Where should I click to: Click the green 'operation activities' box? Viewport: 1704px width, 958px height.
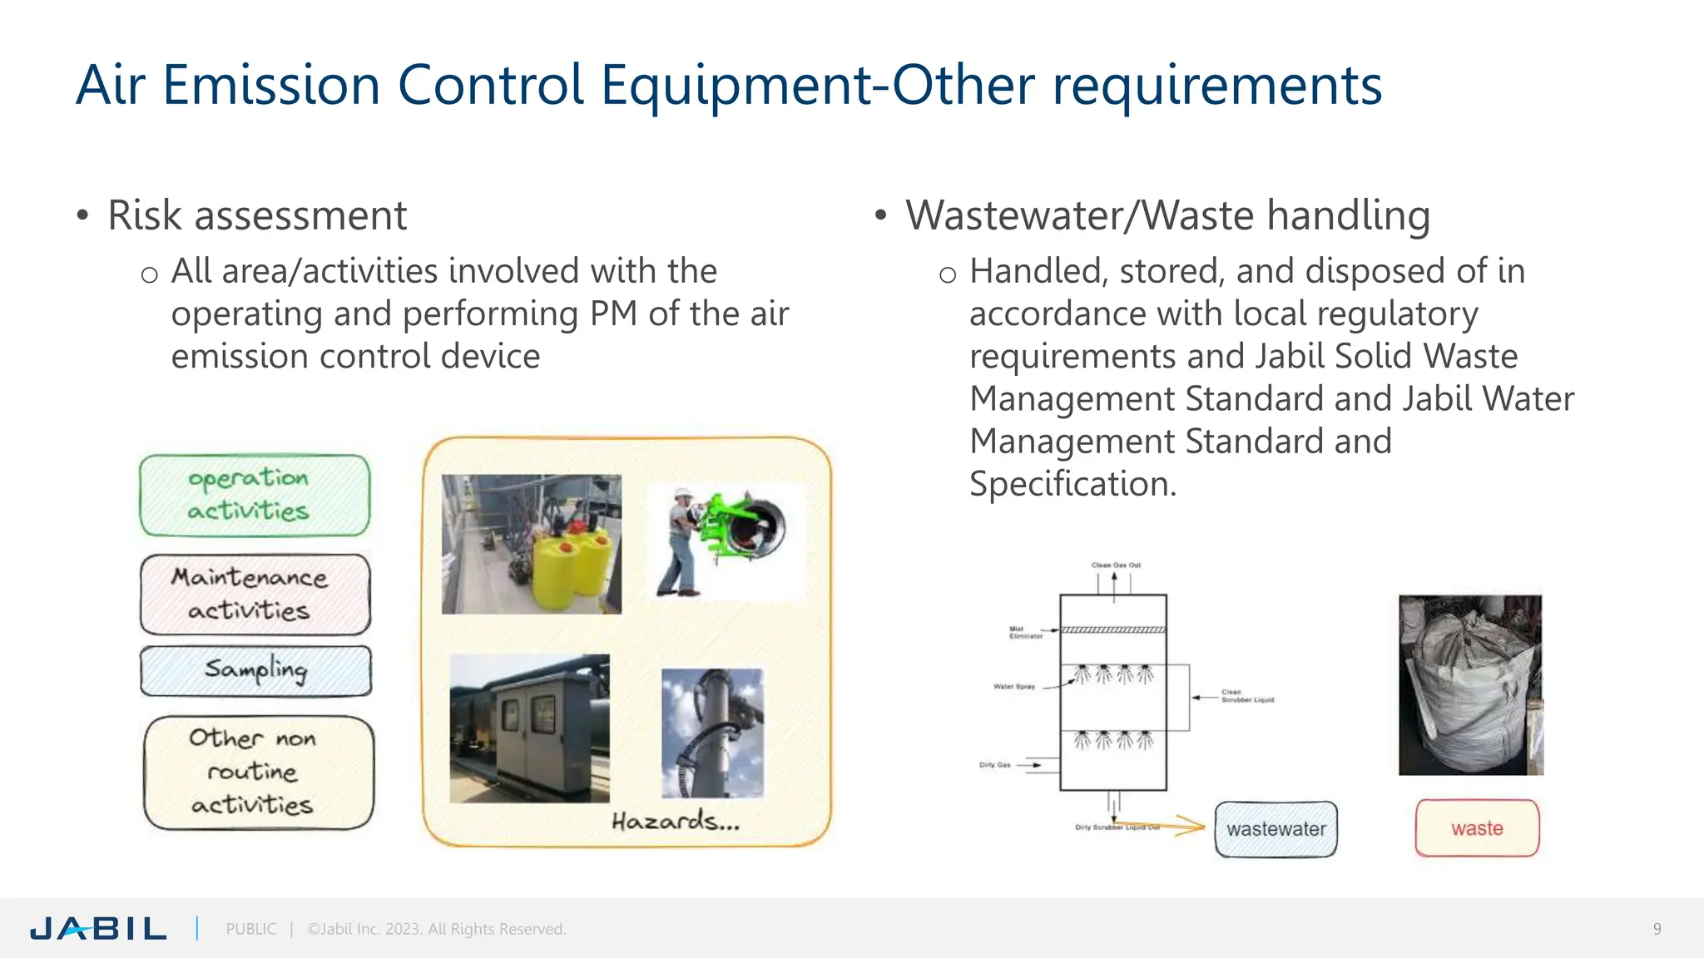click(255, 496)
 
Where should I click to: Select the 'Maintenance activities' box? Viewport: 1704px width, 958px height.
click(255, 595)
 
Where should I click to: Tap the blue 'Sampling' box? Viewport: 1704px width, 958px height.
click(255, 670)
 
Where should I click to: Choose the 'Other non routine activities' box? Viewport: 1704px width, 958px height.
click(259, 773)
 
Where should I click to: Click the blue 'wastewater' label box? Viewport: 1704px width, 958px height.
click(1276, 829)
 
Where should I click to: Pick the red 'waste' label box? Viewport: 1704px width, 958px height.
click(1477, 828)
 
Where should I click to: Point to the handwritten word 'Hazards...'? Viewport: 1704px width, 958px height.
click(675, 822)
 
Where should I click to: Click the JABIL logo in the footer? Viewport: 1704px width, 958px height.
click(98, 928)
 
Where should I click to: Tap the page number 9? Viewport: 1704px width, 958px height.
click(1657, 929)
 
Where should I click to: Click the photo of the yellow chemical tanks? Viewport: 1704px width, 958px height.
click(531, 544)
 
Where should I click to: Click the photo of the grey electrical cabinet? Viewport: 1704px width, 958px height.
click(529, 728)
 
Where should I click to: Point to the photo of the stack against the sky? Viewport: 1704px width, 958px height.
click(712, 733)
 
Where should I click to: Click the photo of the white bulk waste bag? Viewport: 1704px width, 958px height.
click(1470, 685)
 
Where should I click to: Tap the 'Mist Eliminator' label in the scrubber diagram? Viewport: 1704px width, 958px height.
click(1025, 633)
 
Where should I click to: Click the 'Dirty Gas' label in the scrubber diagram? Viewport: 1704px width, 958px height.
click(994, 765)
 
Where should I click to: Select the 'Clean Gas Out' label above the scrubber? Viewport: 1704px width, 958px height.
click(1116, 565)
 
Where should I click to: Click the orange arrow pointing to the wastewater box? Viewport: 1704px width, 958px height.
click(1176, 827)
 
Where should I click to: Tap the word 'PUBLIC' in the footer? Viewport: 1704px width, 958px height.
click(251, 929)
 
